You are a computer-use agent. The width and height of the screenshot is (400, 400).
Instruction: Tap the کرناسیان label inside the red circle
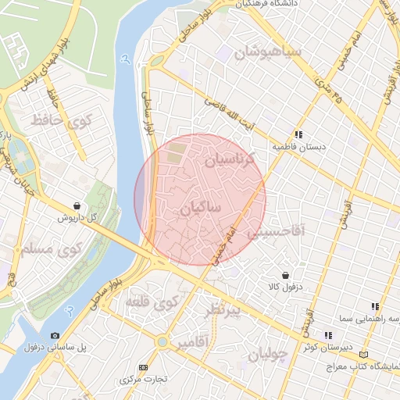click(x=231, y=162)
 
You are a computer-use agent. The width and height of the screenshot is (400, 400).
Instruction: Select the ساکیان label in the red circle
click(x=202, y=209)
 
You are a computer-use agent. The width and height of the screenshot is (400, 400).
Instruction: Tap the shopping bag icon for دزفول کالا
click(x=285, y=275)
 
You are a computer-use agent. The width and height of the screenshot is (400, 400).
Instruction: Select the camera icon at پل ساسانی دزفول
click(x=54, y=336)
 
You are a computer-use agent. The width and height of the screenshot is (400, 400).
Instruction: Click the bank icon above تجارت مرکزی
click(x=142, y=367)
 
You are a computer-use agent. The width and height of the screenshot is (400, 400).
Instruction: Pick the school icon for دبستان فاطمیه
click(x=298, y=134)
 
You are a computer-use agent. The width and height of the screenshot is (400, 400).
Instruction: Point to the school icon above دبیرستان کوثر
click(x=328, y=335)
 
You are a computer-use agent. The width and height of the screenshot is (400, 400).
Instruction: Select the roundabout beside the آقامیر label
click(x=162, y=342)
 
